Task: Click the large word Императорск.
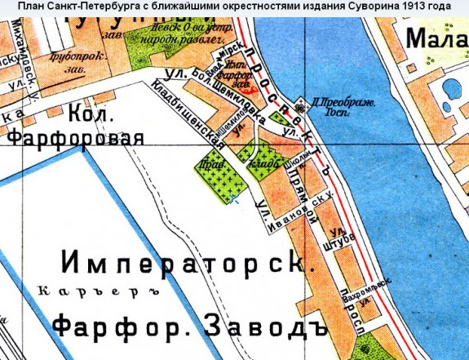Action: [187, 264]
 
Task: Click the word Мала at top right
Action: [436, 39]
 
